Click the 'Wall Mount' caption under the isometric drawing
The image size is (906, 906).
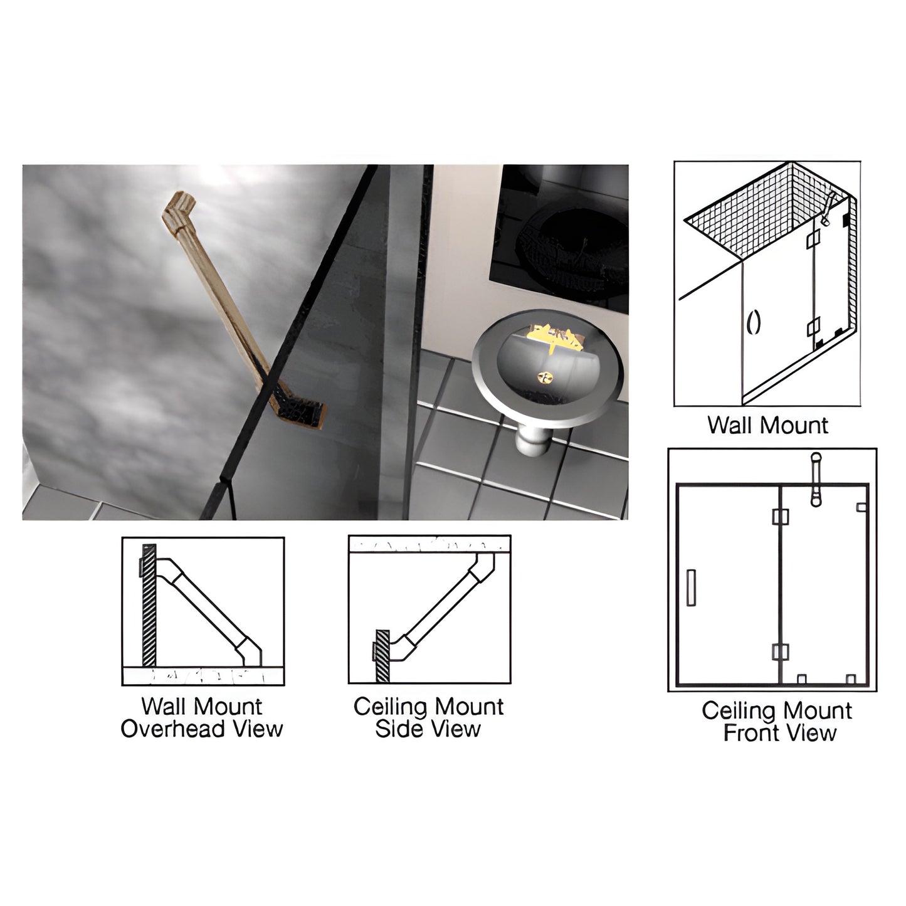click(x=767, y=426)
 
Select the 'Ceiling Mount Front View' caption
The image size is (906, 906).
click(x=777, y=722)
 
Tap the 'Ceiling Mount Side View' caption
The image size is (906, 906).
click(x=428, y=718)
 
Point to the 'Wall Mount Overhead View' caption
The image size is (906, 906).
click(x=202, y=718)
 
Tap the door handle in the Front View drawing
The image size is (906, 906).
click(x=692, y=587)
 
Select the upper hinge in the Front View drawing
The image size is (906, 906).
click(x=779, y=517)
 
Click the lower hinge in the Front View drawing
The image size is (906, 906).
click(x=779, y=652)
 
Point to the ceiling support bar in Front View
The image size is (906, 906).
click(x=816, y=480)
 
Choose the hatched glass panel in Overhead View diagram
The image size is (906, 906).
click(x=149, y=604)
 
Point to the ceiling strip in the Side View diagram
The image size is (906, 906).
click(x=429, y=544)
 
